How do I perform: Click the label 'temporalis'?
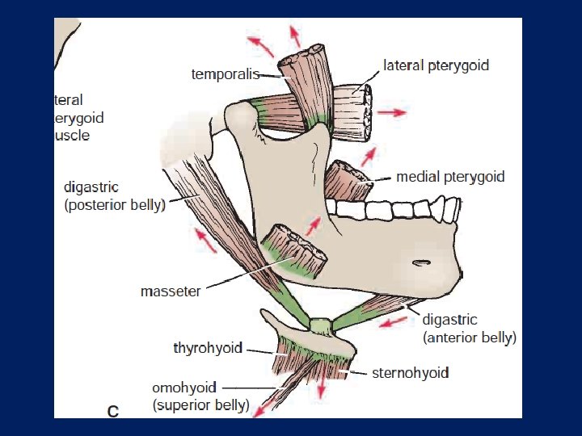coord(225,74)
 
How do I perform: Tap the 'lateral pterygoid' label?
coord(436,65)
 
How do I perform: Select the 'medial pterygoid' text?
coord(449,177)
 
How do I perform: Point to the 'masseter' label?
coord(170,291)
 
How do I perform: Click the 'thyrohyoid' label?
coord(208,348)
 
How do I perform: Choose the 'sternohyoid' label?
coord(410,372)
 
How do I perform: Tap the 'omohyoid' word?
coord(185,388)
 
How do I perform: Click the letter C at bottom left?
coord(113,411)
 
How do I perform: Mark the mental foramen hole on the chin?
coord(421,262)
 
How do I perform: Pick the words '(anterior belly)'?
coord(469,337)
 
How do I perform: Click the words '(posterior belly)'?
coord(115,205)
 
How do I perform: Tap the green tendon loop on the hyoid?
coord(321,326)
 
